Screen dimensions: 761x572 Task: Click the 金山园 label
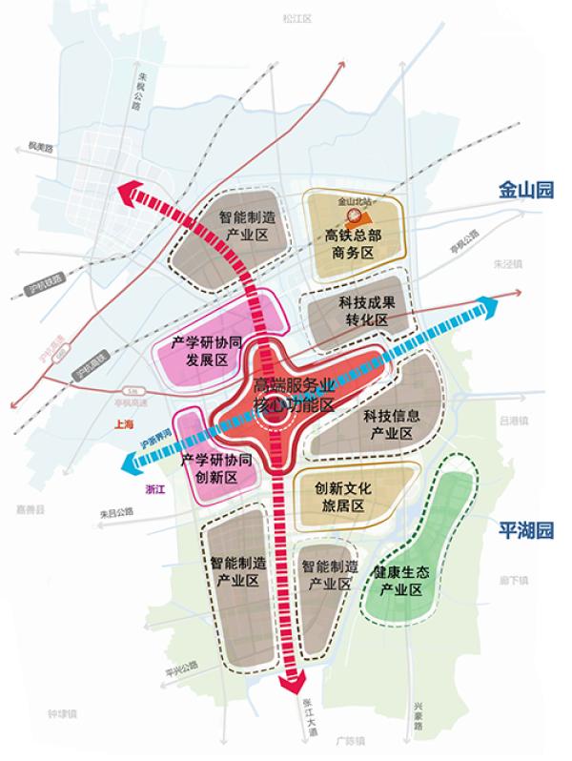[525, 190]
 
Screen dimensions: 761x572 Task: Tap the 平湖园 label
[525, 530]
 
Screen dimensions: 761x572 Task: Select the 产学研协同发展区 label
[212, 350]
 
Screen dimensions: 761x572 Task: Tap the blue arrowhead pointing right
[487, 305]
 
